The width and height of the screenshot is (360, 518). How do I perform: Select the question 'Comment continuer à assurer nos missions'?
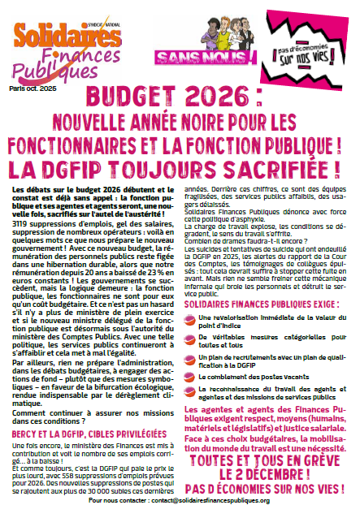click(x=84, y=413)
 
